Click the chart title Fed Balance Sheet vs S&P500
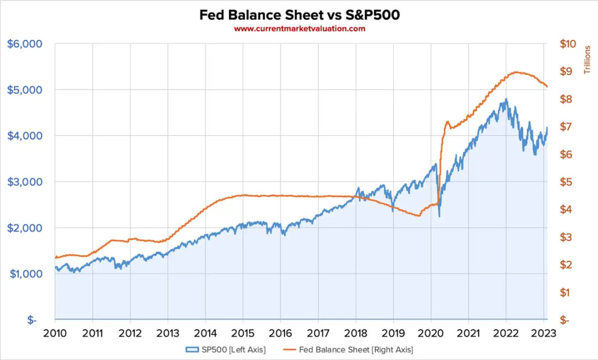(x=299, y=15)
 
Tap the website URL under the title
(x=299, y=29)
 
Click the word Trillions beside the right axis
(x=588, y=60)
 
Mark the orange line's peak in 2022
(x=516, y=72)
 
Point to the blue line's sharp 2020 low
(x=439, y=216)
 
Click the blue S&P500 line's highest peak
(x=506, y=100)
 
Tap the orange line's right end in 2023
(x=547, y=86)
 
